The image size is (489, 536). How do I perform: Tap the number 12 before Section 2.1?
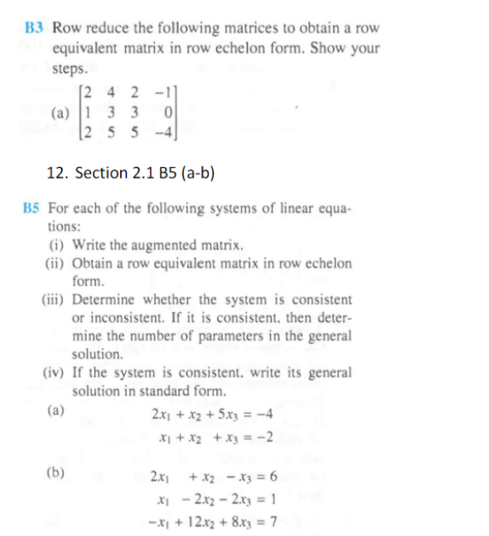(x=58, y=173)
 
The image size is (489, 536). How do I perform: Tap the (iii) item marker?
(x=55, y=300)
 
